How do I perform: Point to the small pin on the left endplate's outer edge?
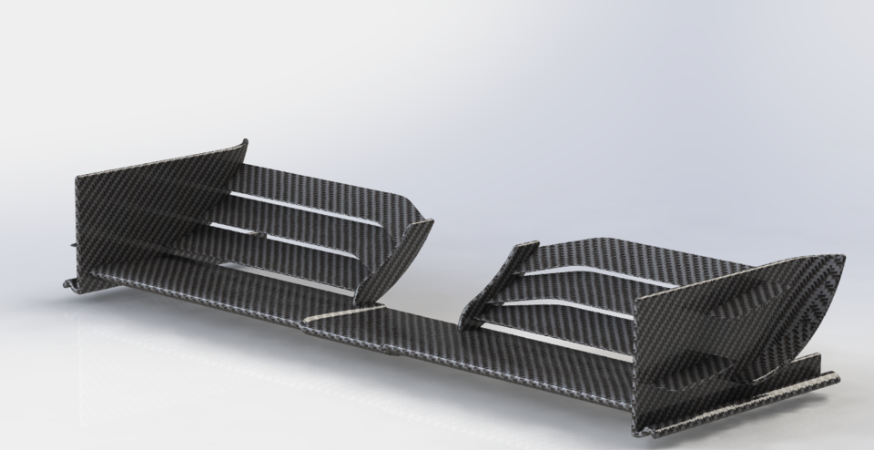[x=73, y=243]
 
